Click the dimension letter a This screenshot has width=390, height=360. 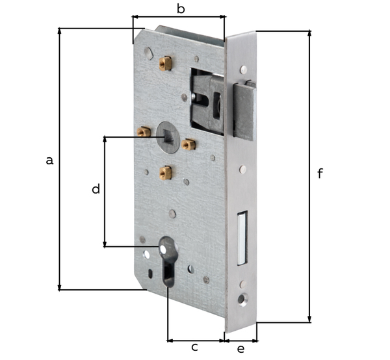49,160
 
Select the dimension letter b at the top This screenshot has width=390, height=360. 181,8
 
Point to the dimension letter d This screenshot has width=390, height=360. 96,189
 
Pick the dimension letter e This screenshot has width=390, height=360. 240,350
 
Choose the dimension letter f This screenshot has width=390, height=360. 320,174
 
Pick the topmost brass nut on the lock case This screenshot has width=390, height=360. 165,63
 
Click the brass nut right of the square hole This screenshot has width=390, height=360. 189,144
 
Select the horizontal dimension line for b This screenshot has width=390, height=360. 178,18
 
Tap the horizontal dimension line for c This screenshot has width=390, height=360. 195,339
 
